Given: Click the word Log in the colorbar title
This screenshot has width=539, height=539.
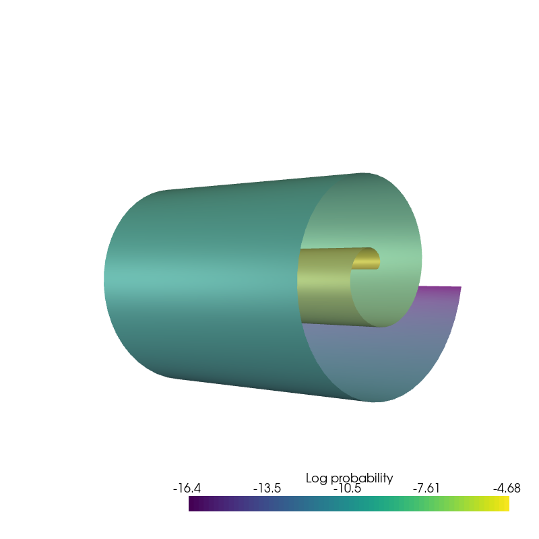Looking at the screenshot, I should (x=317, y=478).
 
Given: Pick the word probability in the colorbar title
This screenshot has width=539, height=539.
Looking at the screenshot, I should (x=361, y=478).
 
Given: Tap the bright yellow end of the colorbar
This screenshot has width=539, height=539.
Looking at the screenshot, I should (x=506, y=504).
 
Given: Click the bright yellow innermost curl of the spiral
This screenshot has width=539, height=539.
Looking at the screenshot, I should (x=367, y=259).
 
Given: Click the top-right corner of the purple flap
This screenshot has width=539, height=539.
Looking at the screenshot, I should (x=461, y=287).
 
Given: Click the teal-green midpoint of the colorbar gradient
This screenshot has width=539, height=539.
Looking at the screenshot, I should (x=349, y=504).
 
